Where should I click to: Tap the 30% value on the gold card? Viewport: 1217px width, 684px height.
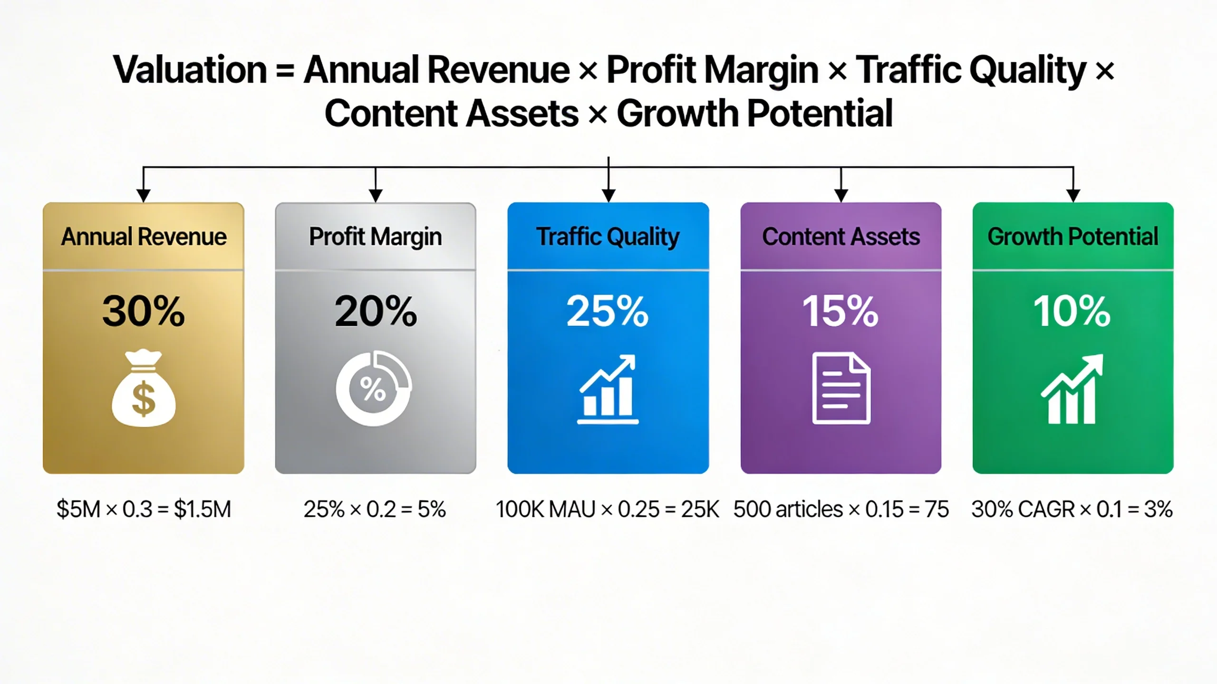click(x=143, y=312)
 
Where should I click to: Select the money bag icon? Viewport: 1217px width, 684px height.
click(x=144, y=389)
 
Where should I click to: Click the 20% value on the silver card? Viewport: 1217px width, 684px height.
click(x=376, y=312)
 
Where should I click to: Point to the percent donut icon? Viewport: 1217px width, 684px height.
click(x=374, y=389)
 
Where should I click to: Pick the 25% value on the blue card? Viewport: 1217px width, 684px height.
click(x=608, y=312)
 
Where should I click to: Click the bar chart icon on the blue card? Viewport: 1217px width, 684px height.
click(x=608, y=389)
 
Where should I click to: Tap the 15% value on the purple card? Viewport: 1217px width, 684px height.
click(x=840, y=312)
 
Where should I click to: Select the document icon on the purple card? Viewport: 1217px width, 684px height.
click(x=841, y=388)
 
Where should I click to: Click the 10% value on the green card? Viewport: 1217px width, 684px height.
click(x=1072, y=312)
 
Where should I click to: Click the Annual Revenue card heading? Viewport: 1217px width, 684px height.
click(x=144, y=237)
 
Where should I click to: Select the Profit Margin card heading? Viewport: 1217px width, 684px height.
click(x=376, y=237)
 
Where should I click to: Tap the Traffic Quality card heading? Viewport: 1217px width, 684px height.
click(x=608, y=237)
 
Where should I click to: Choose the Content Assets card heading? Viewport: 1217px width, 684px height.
click(x=841, y=237)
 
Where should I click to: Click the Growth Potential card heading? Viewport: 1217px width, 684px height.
click(x=1073, y=237)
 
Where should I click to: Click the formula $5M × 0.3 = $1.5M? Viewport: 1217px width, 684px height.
click(x=144, y=510)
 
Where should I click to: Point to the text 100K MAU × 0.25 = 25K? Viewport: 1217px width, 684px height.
click(x=608, y=510)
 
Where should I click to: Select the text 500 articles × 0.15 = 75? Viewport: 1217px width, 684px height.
click(x=841, y=510)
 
